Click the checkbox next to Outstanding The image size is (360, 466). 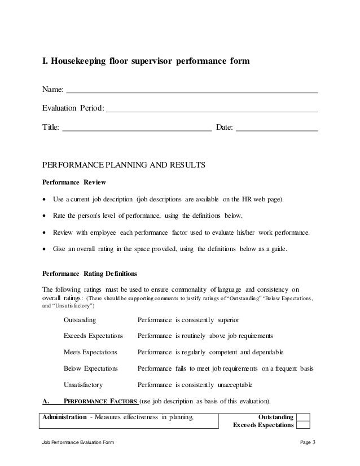click(x=304, y=417)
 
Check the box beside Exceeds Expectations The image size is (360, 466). click(x=304, y=425)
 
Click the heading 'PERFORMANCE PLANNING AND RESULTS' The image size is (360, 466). click(x=124, y=166)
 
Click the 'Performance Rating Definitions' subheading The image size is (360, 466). click(x=90, y=273)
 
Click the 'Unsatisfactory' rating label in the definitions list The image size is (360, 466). click(x=83, y=385)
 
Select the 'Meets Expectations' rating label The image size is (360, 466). click(x=90, y=352)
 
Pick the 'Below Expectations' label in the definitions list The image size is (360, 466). click(x=91, y=368)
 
